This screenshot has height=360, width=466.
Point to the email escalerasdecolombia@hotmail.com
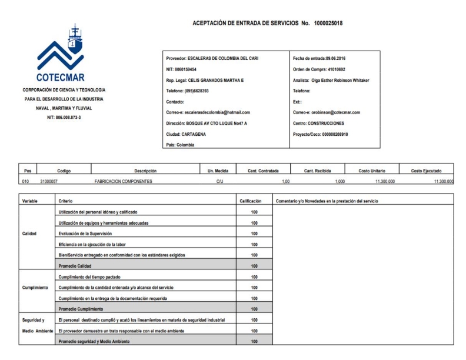point(209,112)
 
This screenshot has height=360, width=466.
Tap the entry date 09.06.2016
point(335,59)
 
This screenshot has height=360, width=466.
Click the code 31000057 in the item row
point(50,182)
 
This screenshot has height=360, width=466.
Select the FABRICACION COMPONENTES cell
point(123,182)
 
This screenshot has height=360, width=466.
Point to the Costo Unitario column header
point(371,171)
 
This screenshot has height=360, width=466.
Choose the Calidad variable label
point(30,233)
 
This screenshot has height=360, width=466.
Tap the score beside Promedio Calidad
point(254,265)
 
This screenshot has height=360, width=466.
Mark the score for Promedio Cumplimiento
point(254,309)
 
